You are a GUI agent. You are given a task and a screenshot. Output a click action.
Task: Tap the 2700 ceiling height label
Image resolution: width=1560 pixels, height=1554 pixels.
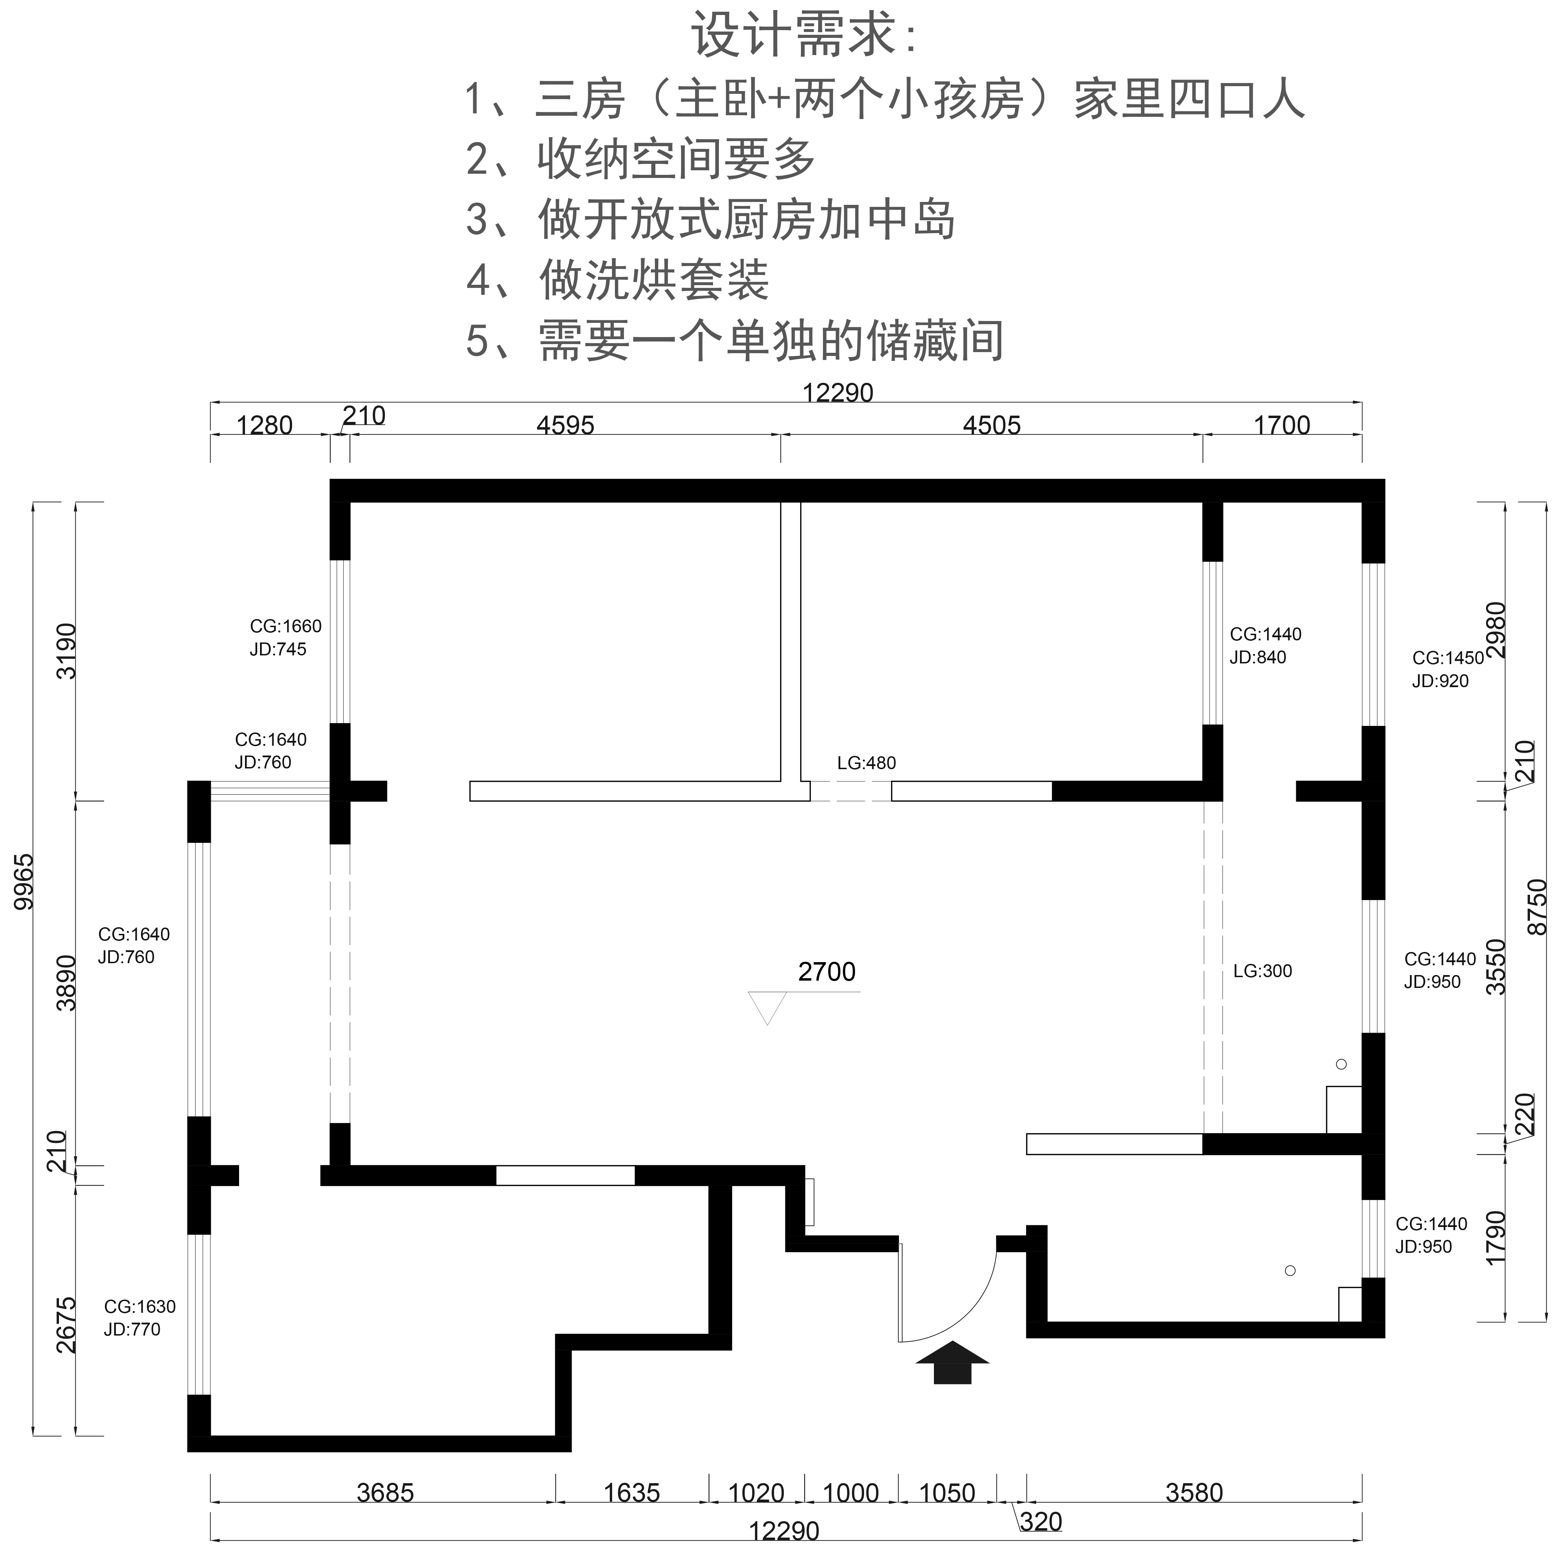[827, 972]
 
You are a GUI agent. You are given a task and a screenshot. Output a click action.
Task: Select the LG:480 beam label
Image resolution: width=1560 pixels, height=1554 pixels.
[867, 763]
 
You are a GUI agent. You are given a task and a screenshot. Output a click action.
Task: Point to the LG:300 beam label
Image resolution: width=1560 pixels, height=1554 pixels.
[1263, 971]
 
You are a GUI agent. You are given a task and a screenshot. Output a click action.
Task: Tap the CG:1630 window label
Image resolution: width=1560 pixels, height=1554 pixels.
[140, 1306]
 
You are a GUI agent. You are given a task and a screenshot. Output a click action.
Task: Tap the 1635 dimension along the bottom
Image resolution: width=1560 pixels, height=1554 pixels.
[631, 1493]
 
